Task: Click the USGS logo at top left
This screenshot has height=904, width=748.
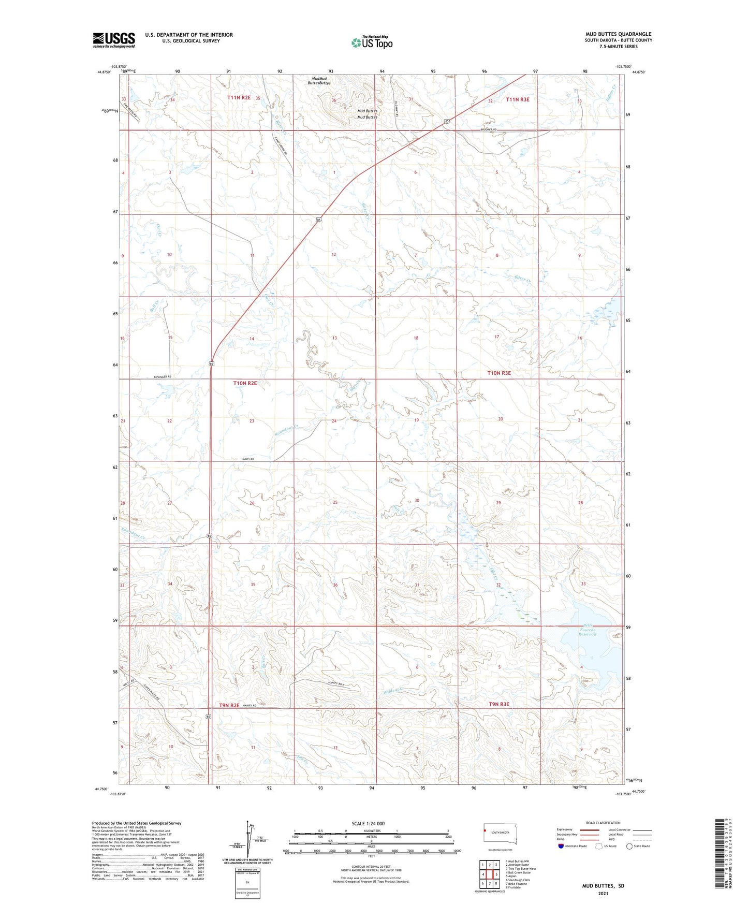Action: pyautogui.click(x=113, y=40)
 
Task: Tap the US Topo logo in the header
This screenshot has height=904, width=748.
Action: pyautogui.click(x=371, y=42)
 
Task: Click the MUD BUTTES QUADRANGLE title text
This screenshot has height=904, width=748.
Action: pyautogui.click(x=618, y=34)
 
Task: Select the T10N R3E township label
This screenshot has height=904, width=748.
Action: pyautogui.click(x=499, y=373)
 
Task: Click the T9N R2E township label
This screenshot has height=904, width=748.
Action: pyautogui.click(x=229, y=705)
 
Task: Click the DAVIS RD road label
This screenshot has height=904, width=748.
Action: pyautogui.click(x=248, y=459)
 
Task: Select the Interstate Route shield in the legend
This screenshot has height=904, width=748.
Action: pyautogui.click(x=561, y=846)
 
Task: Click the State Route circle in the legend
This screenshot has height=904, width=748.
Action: pyautogui.click(x=629, y=846)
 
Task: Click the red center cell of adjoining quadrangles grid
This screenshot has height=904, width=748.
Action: pyautogui.click(x=489, y=874)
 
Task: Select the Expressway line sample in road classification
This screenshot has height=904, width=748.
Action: pyautogui.click(x=589, y=829)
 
